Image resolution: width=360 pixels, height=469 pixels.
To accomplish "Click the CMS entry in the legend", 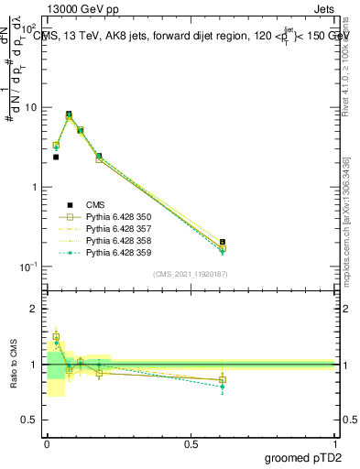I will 96,204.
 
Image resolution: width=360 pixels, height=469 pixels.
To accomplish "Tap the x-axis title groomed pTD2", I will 304,456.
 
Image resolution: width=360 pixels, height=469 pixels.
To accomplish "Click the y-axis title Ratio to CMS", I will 15,365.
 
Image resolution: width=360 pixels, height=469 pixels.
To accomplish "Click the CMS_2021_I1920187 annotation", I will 191,274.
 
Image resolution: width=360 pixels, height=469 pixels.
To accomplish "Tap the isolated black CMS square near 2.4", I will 56,157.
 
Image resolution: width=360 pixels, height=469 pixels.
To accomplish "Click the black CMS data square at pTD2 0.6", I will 223,242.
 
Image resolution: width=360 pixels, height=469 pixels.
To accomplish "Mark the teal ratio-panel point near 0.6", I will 223,387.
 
